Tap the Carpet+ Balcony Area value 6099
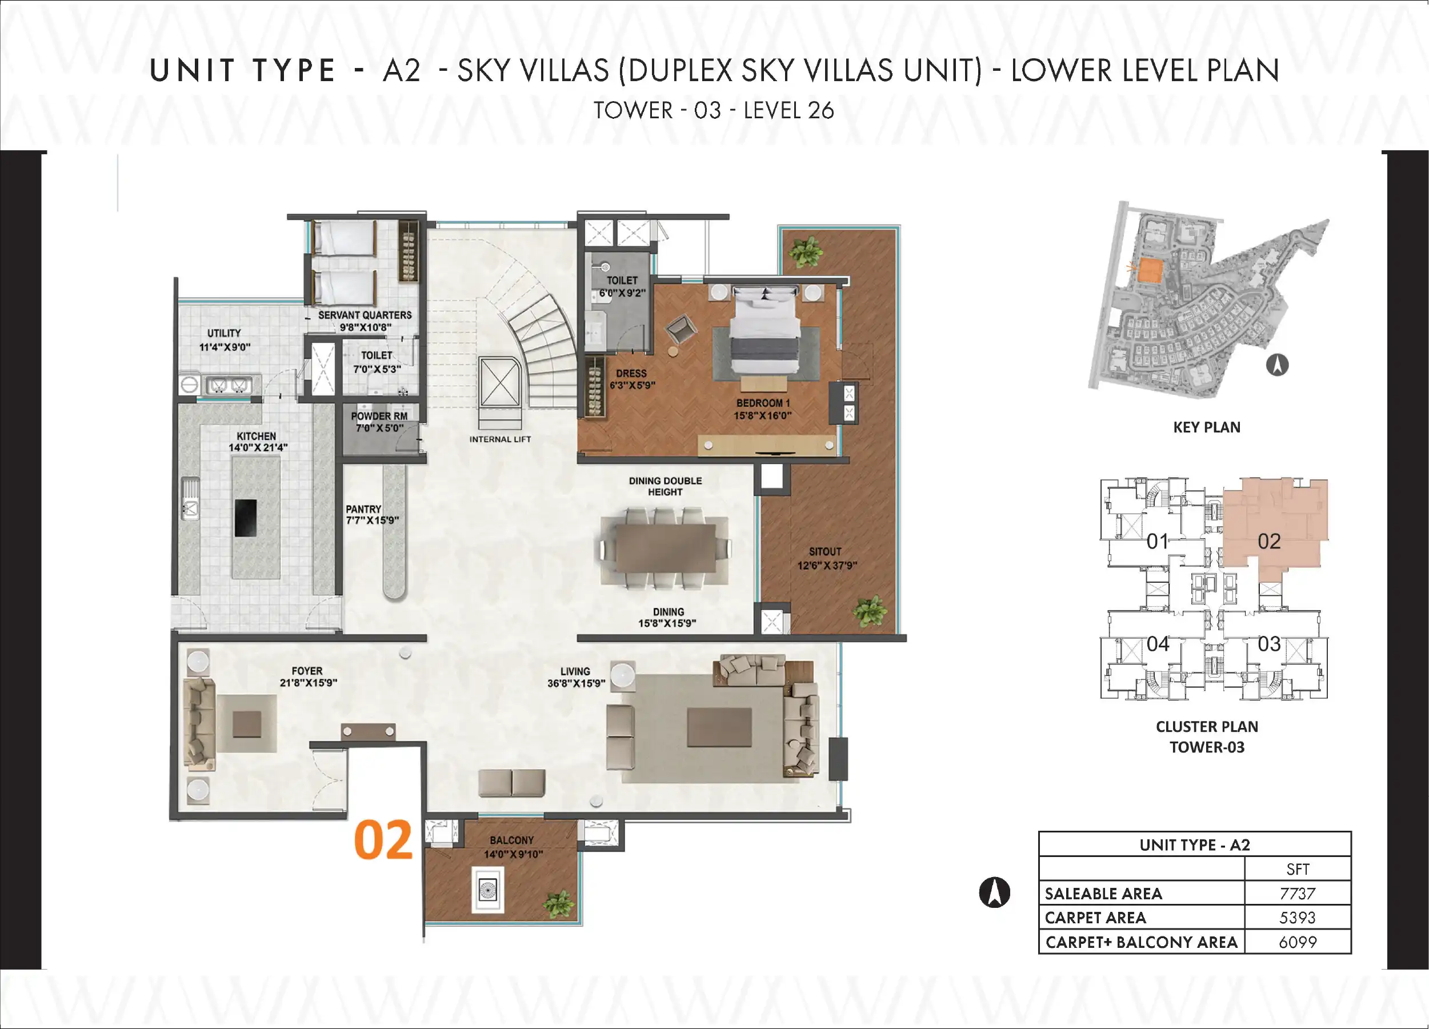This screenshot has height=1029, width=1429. (1298, 942)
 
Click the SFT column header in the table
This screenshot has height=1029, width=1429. (1298, 870)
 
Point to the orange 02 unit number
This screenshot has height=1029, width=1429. (383, 840)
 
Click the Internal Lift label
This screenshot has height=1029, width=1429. (501, 439)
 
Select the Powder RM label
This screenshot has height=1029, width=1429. (379, 416)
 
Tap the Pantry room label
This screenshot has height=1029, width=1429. (363, 509)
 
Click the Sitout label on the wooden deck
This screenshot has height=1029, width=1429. (826, 551)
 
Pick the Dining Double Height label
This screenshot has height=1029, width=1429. (665, 486)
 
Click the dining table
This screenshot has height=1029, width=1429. (665, 547)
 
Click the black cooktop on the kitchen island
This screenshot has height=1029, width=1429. (246, 518)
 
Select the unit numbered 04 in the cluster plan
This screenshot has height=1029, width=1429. (1158, 644)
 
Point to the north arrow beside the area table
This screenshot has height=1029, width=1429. (994, 892)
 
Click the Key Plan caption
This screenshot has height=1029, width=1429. (1207, 427)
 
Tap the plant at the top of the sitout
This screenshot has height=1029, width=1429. (804, 252)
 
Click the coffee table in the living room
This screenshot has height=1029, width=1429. (719, 727)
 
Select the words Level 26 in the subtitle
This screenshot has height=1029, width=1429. (789, 110)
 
